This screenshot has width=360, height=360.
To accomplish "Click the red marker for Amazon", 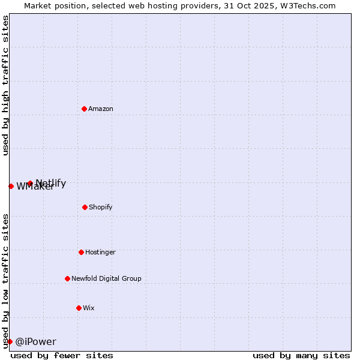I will pos(84,109).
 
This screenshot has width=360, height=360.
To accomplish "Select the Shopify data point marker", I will pos(85,207).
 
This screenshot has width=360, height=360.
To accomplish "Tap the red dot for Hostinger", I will pos(81,252).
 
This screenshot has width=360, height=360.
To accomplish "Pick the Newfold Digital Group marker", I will pos(67,278).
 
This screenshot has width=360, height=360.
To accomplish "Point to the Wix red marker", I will pos(79,308).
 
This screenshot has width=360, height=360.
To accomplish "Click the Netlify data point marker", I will pos(30,183).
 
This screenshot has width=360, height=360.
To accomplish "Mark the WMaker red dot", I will pos(11,186).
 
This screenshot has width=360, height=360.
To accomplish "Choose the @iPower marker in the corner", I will pos(10,341).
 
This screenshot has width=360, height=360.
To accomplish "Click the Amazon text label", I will pos(101,109).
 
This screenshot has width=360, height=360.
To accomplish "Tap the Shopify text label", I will pos(101,208).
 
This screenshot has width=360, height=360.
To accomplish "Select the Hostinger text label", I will pos(100,253).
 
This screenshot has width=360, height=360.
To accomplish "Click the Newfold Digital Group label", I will pos(106,279).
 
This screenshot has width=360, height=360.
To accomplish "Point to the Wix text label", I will pos(89,308).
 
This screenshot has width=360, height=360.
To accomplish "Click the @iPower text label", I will pos(35,342).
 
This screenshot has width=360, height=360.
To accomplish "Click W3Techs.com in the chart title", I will pos(308,5).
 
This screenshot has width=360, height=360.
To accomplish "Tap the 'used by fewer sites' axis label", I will pos(62,356).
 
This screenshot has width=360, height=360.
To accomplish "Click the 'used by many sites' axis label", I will pos(301,356).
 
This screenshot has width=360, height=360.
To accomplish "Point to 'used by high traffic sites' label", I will pos(5,85).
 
